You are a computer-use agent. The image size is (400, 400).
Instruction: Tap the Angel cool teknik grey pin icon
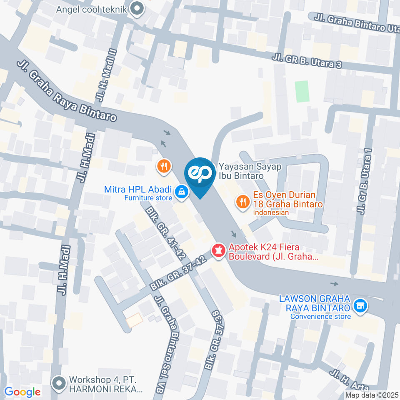tap(136, 8)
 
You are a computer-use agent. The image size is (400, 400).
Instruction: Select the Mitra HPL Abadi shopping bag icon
tap(181, 192)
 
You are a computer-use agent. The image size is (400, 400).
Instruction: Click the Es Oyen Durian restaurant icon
tap(242, 202)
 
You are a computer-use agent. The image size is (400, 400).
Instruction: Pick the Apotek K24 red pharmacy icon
tap(218, 251)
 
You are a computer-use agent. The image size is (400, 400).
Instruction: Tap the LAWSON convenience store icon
tap(359, 306)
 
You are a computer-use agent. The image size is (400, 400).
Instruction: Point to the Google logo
tap(22, 392)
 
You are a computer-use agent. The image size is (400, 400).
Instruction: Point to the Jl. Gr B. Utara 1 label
tap(363, 182)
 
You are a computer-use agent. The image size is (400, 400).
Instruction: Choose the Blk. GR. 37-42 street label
tap(180, 272)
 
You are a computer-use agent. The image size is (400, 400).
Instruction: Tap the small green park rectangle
tap(302, 91)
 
